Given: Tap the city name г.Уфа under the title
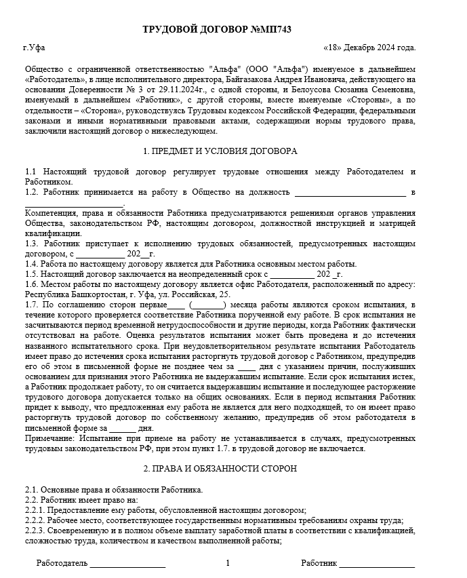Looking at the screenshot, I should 33,48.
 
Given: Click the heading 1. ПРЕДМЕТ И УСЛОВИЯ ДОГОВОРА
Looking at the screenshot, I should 221,151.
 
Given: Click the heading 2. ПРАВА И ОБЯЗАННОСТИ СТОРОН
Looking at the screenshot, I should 221,469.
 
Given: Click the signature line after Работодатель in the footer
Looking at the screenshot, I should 127,563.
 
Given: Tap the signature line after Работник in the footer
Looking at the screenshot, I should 378,563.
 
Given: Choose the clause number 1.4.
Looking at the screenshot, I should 31,264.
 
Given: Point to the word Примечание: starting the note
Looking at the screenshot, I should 48,438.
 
